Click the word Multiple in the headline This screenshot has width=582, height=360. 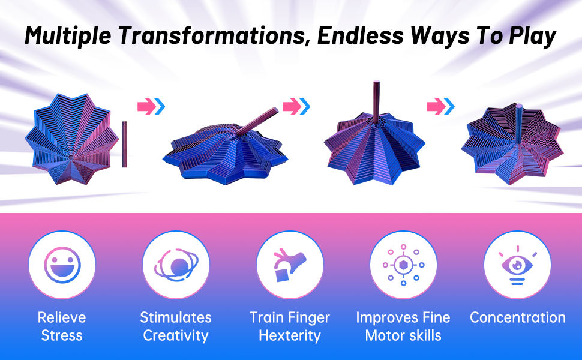click(68, 36)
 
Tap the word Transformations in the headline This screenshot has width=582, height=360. click(215, 35)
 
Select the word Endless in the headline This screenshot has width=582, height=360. click(360, 35)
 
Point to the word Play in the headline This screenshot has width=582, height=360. click(533, 37)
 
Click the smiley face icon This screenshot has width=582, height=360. click(62, 265)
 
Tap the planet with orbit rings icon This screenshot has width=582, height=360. click(176, 265)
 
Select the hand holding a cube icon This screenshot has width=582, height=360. click(290, 265)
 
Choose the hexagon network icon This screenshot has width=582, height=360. click(403, 265)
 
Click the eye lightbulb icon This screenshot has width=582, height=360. click(517, 265)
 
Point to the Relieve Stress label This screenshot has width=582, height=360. click(62, 326)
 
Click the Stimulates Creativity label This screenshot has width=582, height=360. click(176, 326)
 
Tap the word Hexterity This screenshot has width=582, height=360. click(290, 335)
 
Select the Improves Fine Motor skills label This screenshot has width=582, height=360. click(403, 326)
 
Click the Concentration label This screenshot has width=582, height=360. click(518, 317)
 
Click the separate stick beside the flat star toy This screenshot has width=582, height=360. click(124, 144)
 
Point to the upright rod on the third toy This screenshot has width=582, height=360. click(376, 103)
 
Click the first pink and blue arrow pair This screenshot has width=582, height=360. click(151, 107)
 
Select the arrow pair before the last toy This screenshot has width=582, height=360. click(441, 107)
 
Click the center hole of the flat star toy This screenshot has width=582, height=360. click(71, 157)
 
